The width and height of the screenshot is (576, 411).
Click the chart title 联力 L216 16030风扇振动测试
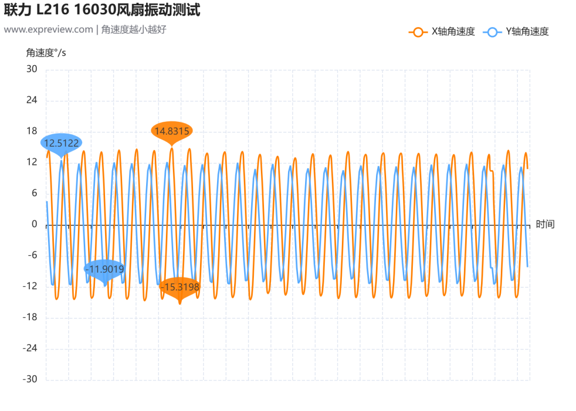click(102, 10)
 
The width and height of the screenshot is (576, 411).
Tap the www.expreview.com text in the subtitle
click(49, 29)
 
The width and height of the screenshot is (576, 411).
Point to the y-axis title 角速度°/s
click(46, 53)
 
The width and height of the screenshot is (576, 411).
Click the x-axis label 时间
click(545, 224)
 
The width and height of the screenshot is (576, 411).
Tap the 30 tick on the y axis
click(31, 69)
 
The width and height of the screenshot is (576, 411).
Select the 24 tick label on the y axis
click(31, 100)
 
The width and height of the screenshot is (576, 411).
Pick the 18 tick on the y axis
click(31, 131)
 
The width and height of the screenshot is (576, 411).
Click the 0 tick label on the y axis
click(34, 224)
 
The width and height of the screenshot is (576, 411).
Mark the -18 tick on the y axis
click(30, 317)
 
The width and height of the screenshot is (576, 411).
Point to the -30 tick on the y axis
click(30, 380)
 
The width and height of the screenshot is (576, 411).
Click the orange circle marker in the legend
click(418, 33)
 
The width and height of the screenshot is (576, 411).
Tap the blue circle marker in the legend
click(492, 33)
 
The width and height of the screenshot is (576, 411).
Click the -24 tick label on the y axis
click(30, 348)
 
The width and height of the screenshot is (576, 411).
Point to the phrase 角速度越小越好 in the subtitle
click(134, 29)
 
